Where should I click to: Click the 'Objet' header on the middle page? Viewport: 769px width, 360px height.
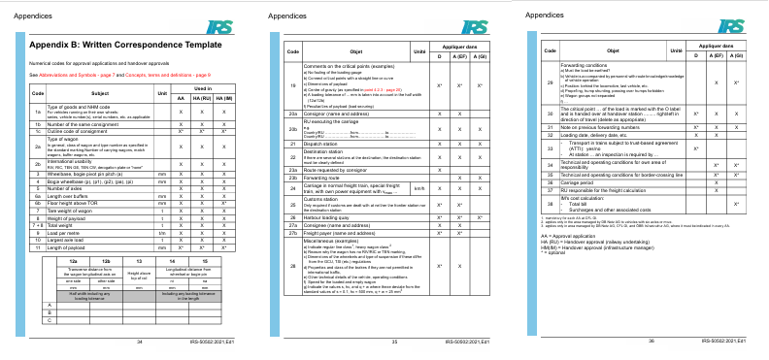pyautogui.click(x=353, y=49)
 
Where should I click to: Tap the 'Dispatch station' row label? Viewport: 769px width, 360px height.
pyautogui.click(x=321, y=143)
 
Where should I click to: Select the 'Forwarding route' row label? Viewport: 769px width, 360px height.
pyautogui.click(x=321, y=179)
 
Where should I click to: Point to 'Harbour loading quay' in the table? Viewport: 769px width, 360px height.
pyautogui.click(x=326, y=218)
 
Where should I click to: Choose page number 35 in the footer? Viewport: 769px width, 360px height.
pyautogui.click(x=394, y=343)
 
